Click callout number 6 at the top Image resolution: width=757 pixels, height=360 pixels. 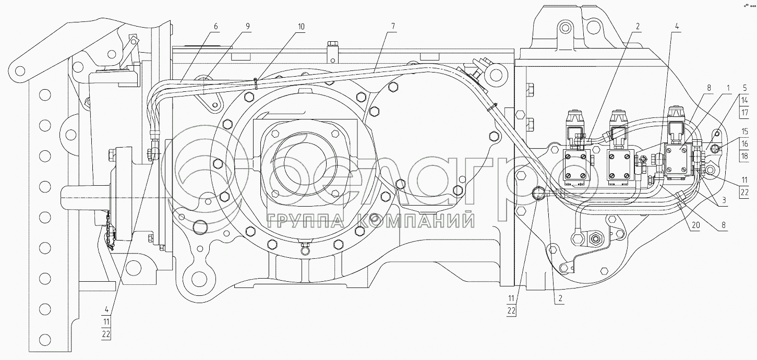pyautogui.click(x=216, y=27)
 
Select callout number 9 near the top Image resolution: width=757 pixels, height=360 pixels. pyautogui.click(x=248, y=27)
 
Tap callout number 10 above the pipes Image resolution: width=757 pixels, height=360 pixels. pyautogui.click(x=301, y=27)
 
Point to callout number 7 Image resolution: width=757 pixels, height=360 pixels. pyautogui.click(x=393, y=27)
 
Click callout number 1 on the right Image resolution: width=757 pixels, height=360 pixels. pyautogui.click(x=728, y=88)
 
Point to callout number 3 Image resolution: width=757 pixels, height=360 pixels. pyautogui.click(x=724, y=200)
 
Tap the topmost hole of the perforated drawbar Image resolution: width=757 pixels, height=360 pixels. pyautogui.click(x=45, y=95)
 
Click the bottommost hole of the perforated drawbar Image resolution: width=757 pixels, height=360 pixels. pyautogui.click(x=45, y=339)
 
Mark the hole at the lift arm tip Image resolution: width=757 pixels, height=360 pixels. pyautogui.click(x=20, y=71)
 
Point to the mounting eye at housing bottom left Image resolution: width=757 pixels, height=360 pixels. pyautogui.click(x=198, y=279)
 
